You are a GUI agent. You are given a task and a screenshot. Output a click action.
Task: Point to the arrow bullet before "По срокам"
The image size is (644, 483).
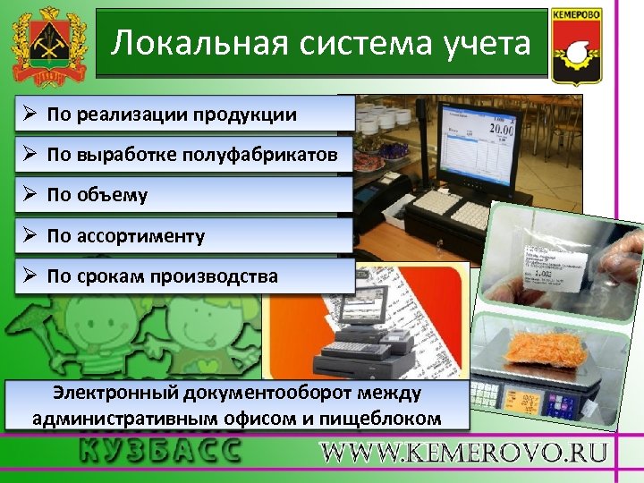[30, 276]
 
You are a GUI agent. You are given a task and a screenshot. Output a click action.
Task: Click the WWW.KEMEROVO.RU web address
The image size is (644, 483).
[464, 452]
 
